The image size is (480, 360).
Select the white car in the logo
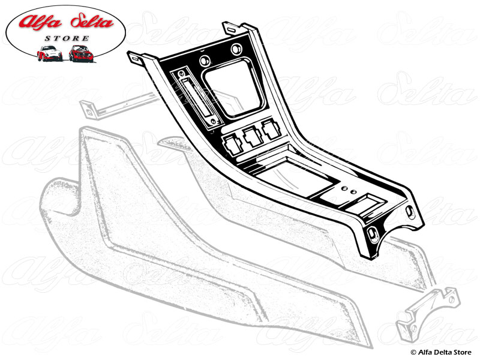coord(49,53)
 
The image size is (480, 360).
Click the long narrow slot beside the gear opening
coord(193,99)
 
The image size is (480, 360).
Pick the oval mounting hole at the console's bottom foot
coord(373,232)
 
